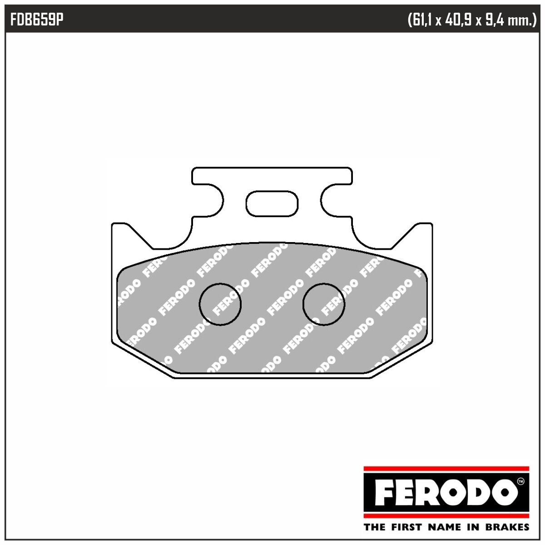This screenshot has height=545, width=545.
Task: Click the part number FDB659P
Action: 36,20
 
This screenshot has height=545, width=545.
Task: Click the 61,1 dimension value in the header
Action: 421,20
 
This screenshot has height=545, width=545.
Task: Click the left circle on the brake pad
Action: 220,304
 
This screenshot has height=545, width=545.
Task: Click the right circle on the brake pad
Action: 323,304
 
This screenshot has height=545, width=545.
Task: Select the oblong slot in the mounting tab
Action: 272,203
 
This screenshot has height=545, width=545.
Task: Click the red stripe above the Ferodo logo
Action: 446,468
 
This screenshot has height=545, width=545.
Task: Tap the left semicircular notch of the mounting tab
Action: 213,200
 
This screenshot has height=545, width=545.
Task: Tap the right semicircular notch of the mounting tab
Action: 330,200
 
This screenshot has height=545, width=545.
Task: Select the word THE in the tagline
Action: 375,527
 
